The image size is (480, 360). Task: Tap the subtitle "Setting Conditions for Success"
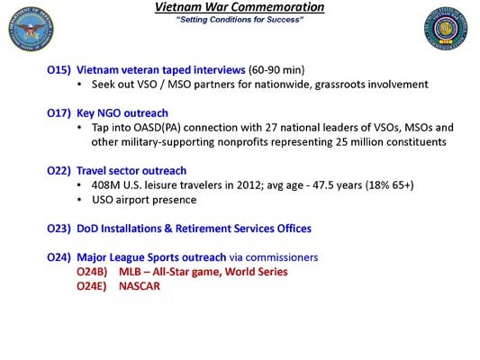click(240, 19)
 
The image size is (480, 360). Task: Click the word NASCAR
click(140, 286)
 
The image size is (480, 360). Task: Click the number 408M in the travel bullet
click(108, 184)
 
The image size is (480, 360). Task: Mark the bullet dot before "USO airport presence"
click(82, 199)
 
